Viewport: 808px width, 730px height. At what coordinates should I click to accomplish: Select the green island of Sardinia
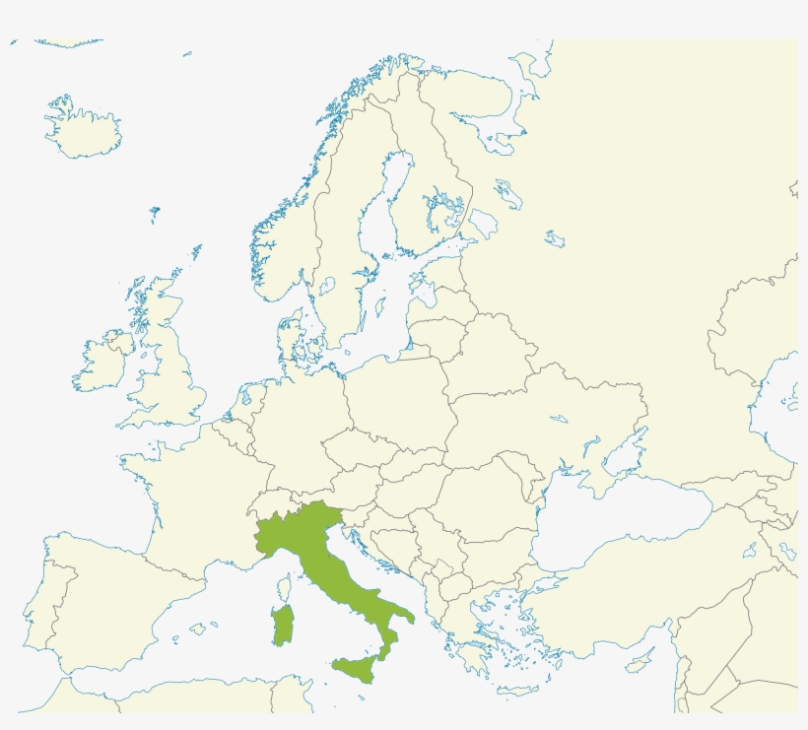pyautogui.click(x=284, y=626)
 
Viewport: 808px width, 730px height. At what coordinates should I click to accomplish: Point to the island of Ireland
pyautogui.click(x=101, y=359)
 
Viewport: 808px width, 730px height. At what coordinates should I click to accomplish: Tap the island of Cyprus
pyautogui.click(x=639, y=665)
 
